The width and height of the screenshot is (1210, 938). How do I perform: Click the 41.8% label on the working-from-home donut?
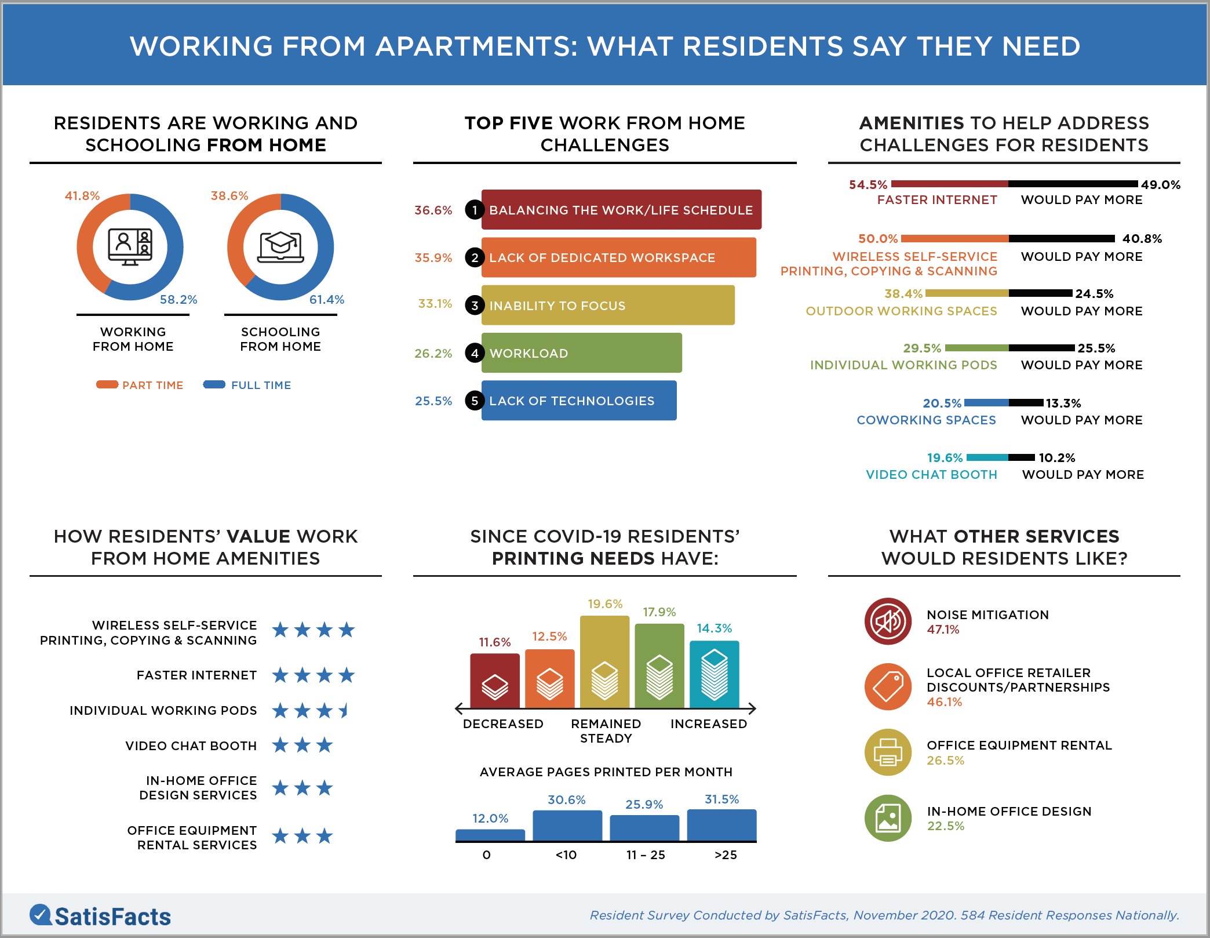point(82,196)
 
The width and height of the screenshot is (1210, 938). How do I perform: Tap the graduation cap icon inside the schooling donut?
point(280,246)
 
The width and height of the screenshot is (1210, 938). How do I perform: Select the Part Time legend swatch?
point(107,384)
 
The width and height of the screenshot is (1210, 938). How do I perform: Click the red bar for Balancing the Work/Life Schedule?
point(621,210)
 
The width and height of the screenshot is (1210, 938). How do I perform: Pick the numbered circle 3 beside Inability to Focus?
point(475,306)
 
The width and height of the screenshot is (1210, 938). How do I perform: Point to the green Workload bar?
point(581,353)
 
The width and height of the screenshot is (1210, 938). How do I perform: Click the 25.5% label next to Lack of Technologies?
point(433,401)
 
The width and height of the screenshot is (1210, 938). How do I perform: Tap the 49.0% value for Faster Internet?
point(1160,185)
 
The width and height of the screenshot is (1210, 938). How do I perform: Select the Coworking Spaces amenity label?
point(926,420)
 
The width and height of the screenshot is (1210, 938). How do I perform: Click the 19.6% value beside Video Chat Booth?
point(945,458)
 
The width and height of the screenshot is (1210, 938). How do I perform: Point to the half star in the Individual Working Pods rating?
point(345,710)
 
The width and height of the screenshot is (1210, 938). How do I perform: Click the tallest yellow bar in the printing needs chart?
point(604,661)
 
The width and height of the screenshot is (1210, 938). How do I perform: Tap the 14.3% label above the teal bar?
point(714,628)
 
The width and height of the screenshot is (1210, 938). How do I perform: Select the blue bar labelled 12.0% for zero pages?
point(490,835)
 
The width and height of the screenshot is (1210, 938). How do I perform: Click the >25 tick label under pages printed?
point(726,855)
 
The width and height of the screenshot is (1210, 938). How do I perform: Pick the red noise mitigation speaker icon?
point(888,621)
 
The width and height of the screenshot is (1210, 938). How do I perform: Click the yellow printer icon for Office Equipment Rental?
point(888,752)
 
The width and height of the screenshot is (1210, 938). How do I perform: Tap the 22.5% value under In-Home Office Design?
point(946,826)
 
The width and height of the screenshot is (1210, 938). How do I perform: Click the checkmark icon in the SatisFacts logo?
point(41,915)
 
